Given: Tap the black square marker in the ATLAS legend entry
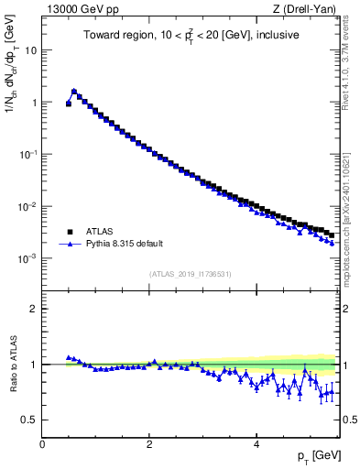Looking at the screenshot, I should point(69,232).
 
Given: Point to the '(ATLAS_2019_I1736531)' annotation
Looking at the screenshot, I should point(190,273).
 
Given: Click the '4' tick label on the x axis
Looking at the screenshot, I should point(256,444).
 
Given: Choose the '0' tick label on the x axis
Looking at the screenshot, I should point(42,444).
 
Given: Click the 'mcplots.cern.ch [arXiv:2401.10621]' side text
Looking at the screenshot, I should point(352,212).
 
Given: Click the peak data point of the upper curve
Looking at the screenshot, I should point(74,92).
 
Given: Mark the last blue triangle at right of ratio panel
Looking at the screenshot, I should point(332,392).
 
